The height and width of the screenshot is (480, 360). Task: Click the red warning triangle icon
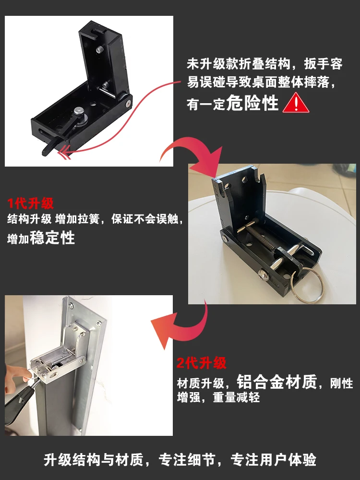click(296, 103)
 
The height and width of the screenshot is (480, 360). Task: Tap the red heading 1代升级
click(31, 203)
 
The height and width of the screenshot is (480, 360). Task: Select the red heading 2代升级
click(202, 363)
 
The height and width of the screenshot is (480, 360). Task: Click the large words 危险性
click(252, 103)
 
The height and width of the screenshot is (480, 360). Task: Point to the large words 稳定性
click(52, 238)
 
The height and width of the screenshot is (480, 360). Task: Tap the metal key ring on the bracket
click(307, 286)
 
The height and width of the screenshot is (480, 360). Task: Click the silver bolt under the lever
click(79, 111)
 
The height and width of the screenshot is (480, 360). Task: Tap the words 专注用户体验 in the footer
click(274, 459)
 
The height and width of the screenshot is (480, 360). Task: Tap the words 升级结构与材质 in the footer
click(94, 459)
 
